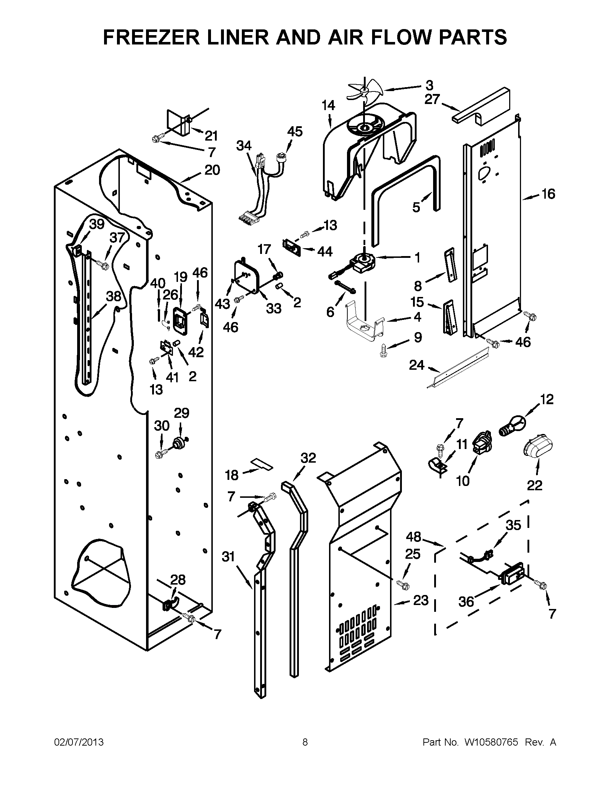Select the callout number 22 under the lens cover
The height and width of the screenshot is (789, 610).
535,486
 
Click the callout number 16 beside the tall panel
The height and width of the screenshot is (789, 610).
548,194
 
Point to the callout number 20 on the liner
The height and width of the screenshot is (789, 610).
212,170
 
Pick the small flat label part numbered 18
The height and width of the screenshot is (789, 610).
262,463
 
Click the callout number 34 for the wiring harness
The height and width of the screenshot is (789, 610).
244,146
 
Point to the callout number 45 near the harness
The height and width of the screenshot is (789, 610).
295,132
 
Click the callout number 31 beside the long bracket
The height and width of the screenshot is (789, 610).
228,557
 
